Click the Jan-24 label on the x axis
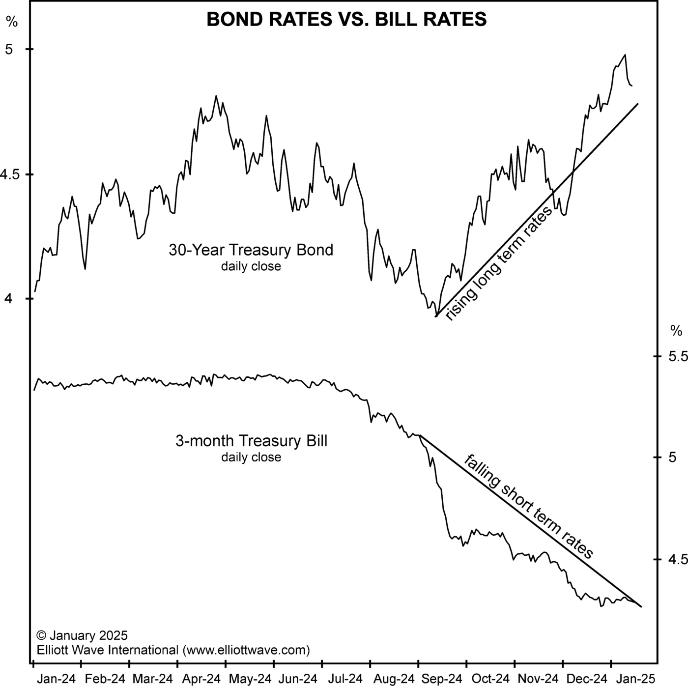tap(57, 679)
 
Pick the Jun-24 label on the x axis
tap(298, 679)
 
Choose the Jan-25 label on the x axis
tap(636, 679)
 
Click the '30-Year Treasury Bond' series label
tap(251, 250)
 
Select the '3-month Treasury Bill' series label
tap(251, 441)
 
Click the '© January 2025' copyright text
tap(82, 635)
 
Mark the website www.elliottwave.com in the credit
tap(246, 650)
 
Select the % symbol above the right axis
tap(676, 331)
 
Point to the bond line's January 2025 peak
tap(625, 55)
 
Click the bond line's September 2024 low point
tap(436, 316)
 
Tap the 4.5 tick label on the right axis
tap(677, 559)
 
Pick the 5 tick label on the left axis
tap(8, 50)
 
